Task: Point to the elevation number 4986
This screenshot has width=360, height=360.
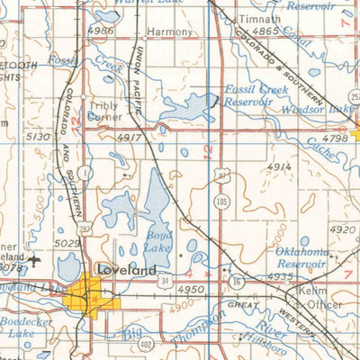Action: pyautogui.click(x=101, y=31)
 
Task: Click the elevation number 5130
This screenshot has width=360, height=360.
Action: pyautogui.click(x=38, y=136)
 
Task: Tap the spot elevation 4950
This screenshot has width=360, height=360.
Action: pyautogui.click(x=191, y=290)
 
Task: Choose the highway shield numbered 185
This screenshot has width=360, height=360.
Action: pyautogui.click(x=221, y=203)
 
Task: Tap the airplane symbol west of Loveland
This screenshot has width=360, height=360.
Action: pyautogui.click(x=34, y=262)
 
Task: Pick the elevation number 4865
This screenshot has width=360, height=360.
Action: pyautogui.click(x=265, y=31)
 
